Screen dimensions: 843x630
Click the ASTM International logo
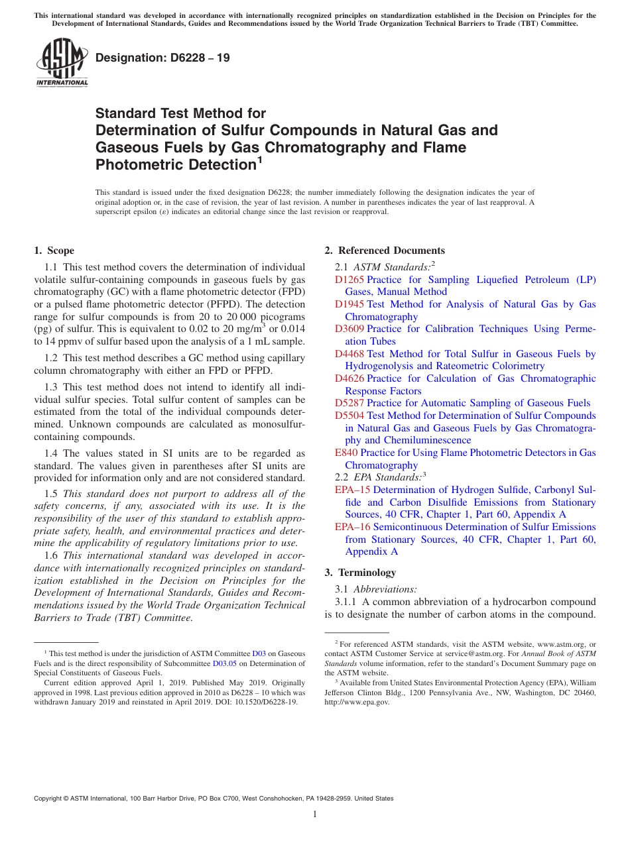(x=61, y=62)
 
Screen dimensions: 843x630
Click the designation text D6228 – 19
(x=162, y=58)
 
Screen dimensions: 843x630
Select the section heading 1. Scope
(x=54, y=251)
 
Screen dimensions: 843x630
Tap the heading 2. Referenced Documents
(x=385, y=251)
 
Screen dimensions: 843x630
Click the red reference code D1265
(x=349, y=280)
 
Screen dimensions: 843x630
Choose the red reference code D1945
(x=349, y=304)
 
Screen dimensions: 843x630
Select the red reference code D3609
(x=349, y=329)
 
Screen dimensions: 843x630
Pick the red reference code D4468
(x=349, y=354)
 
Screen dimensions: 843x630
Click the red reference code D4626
(x=349, y=378)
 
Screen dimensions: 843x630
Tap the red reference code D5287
(x=349, y=403)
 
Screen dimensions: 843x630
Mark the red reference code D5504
(x=349, y=416)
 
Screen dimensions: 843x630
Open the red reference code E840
(x=346, y=453)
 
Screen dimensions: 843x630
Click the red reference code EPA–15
(x=353, y=490)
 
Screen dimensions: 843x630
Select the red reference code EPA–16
(x=353, y=527)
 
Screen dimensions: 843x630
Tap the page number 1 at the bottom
(x=315, y=814)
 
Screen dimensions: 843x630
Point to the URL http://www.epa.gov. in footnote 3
(x=357, y=702)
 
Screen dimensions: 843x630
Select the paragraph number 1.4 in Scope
(x=51, y=453)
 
